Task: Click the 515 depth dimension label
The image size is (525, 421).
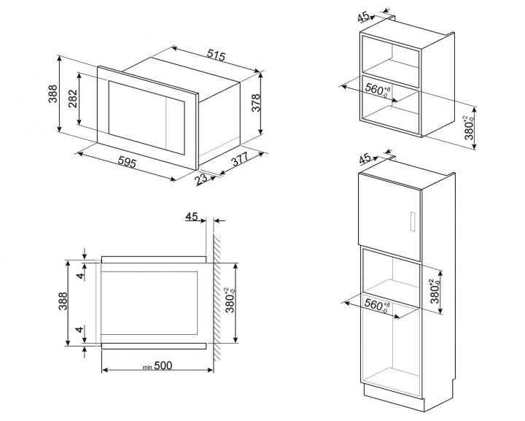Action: click(x=214, y=55)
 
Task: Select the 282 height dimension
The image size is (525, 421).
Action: click(x=71, y=101)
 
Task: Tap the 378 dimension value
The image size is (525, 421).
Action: click(x=256, y=104)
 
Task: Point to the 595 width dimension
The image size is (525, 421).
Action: click(x=128, y=164)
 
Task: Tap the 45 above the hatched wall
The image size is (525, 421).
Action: click(x=192, y=217)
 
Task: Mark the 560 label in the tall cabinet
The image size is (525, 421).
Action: click(x=377, y=305)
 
